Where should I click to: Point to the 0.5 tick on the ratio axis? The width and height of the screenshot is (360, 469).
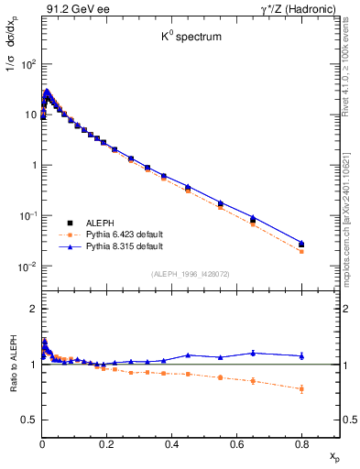point(28,420)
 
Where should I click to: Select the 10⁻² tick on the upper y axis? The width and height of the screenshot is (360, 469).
point(27,267)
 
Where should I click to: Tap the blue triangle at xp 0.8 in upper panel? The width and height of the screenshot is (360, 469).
point(302,243)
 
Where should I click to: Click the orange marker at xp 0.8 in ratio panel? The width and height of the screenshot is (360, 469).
point(302,388)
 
